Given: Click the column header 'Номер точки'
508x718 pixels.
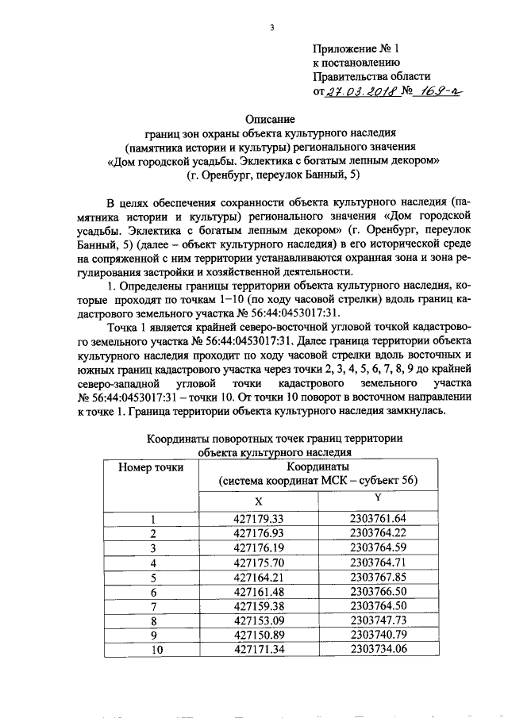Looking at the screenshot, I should point(151,467).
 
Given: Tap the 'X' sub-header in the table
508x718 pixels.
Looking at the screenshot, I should point(258,501).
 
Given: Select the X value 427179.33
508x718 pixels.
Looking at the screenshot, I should point(260,519).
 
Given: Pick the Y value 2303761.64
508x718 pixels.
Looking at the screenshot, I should point(377,519).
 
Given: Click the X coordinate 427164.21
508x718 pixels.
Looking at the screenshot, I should point(260,577).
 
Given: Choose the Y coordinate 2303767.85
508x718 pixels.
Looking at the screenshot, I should point(377,577).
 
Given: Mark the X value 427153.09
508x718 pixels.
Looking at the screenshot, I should point(260,620).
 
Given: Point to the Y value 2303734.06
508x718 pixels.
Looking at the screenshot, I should point(377,649).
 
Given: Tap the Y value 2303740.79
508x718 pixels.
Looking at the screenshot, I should point(377,635).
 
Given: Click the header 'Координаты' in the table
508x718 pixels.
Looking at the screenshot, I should point(317,467).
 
